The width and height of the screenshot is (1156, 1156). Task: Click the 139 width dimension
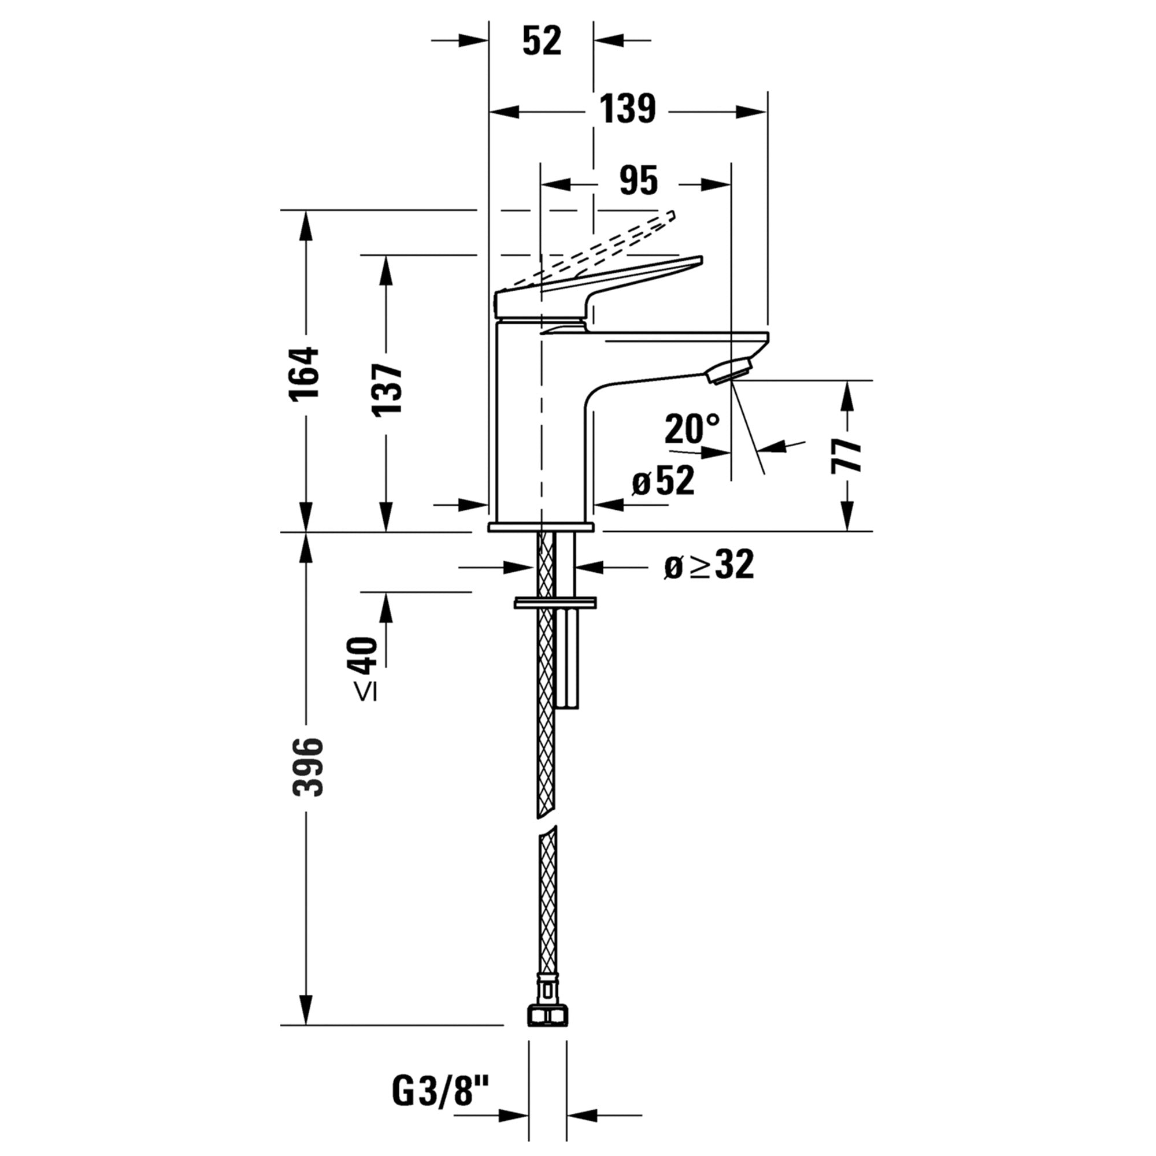[x=627, y=110]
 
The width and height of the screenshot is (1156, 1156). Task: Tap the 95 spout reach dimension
[x=639, y=180]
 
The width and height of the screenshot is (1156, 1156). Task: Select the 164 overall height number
[x=305, y=372]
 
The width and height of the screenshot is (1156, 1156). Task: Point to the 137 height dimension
[x=387, y=389]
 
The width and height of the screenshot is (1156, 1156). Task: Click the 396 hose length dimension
[x=307, y=767]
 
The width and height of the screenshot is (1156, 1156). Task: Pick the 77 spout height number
[x=846, y=455]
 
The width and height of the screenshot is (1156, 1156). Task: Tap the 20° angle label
[x=691, y=428]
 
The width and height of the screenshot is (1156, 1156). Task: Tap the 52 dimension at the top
[x=542, y=40]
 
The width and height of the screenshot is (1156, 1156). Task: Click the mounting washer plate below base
[x=555, y=603]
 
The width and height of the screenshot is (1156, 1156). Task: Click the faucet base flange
[x=541, y=527]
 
